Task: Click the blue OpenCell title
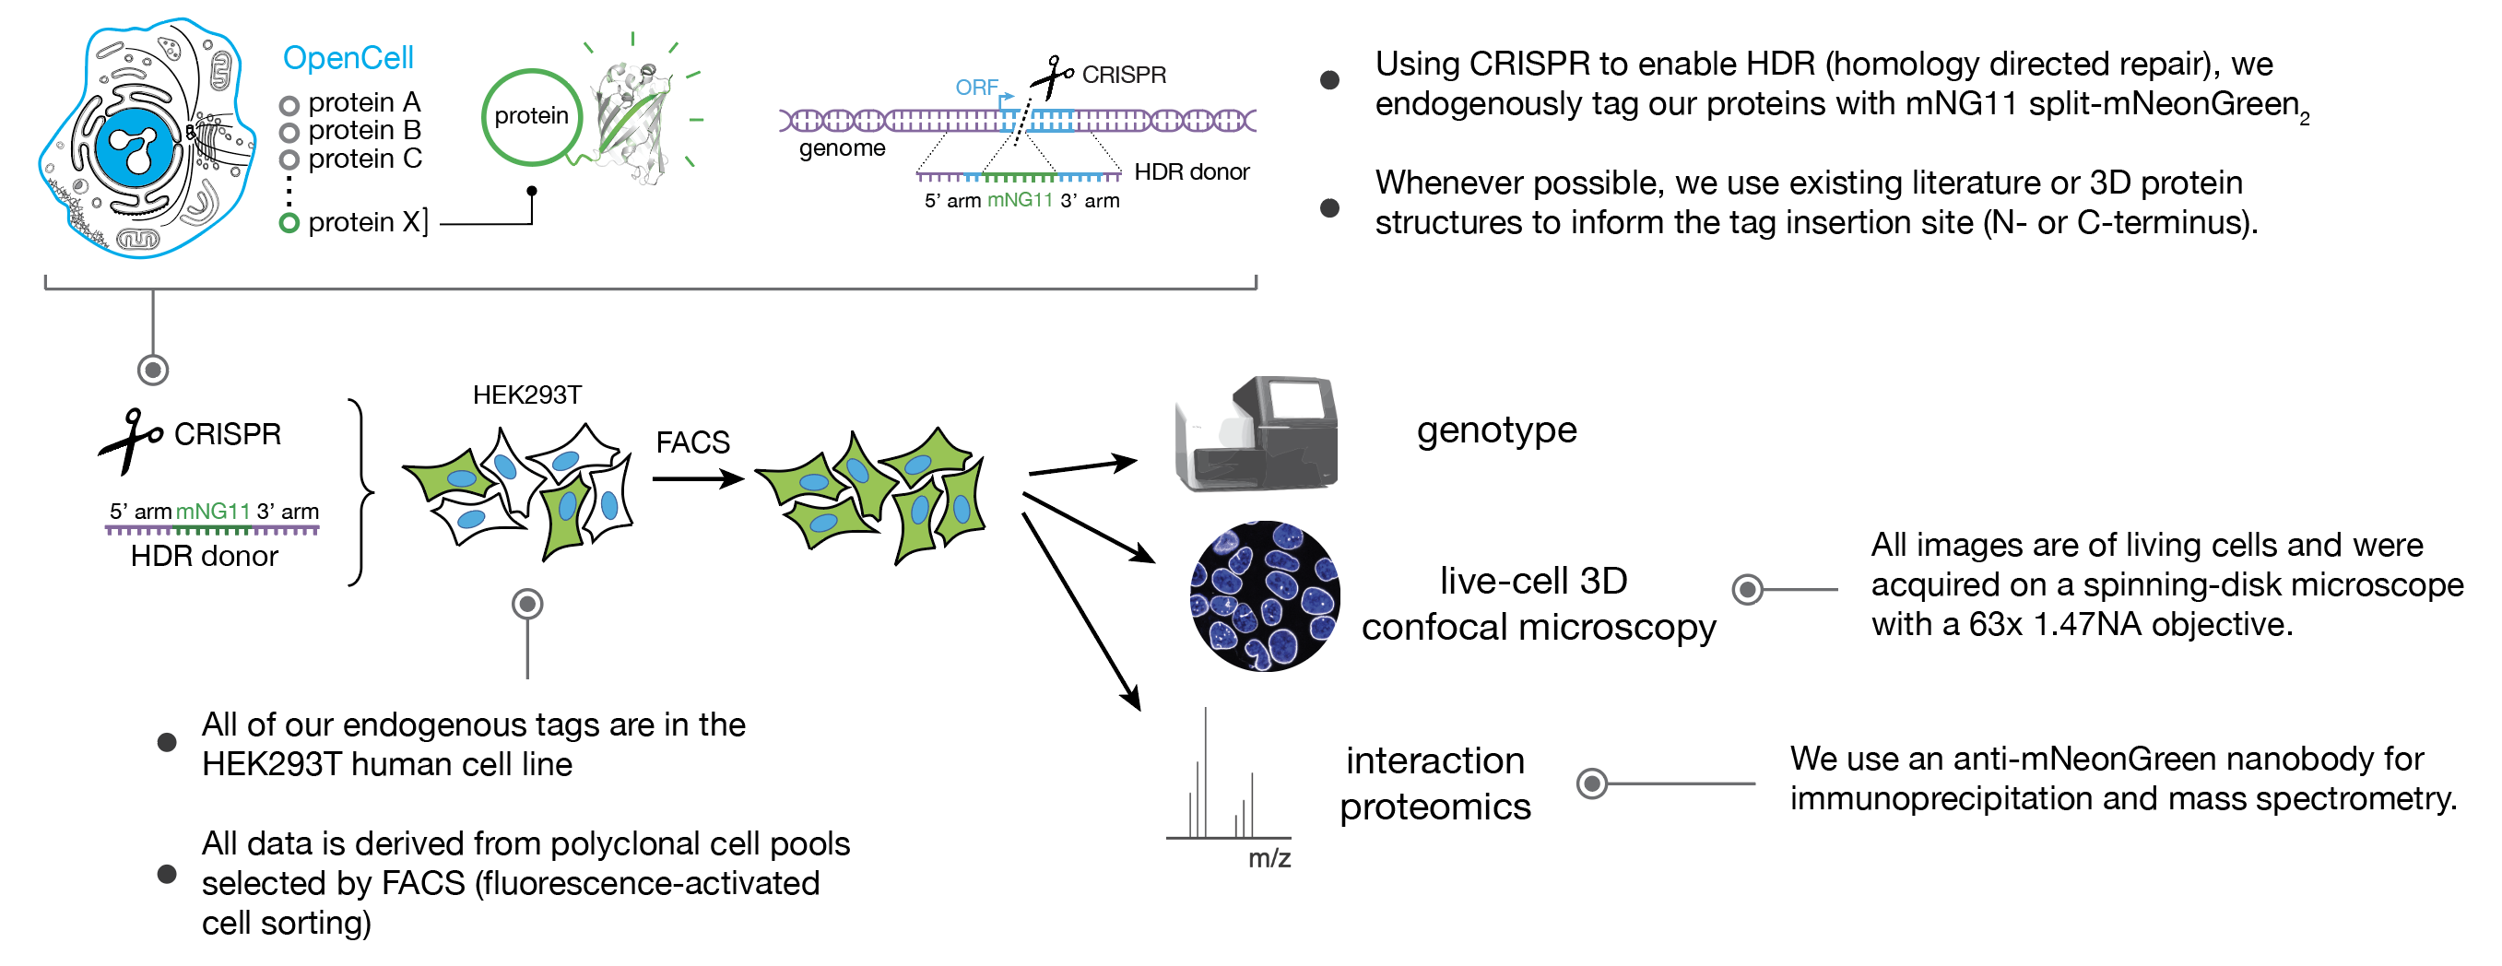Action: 348,58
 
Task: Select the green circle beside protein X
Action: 289,223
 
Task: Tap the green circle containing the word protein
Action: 530,116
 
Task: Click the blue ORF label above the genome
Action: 976,88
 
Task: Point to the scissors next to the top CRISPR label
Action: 1051,76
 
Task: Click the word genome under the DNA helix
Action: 842,148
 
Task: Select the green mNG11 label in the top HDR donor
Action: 1020,200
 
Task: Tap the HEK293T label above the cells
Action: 526,395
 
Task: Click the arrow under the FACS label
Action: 697,478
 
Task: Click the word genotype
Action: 1495,430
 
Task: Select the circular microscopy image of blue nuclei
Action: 1265,595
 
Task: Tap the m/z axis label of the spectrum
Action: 1269,858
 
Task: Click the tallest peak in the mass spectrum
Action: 1205,772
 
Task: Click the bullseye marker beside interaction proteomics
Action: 1592,783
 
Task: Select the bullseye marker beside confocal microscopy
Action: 1747,589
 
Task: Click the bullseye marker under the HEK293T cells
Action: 527,604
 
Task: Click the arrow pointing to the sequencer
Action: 1082,467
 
